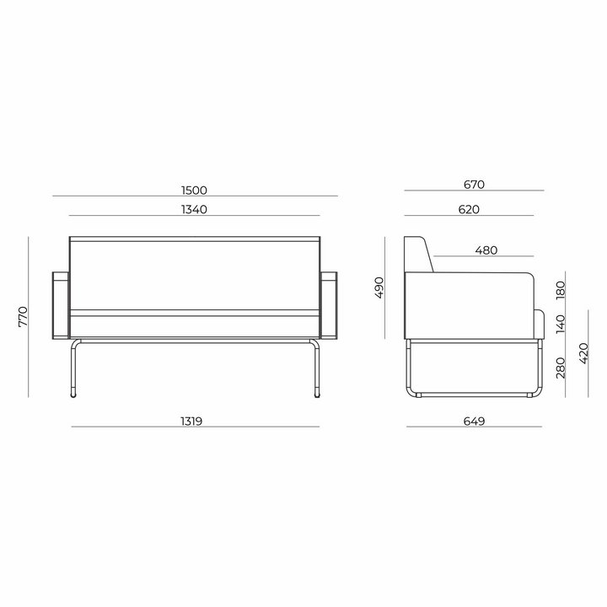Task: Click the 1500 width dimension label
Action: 194,191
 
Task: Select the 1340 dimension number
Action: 194,209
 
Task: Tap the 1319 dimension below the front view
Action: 191,422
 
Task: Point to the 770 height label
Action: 24,316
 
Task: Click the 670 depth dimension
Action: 474,185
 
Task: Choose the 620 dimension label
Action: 469,209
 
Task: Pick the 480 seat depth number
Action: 486,250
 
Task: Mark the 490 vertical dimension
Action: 379,287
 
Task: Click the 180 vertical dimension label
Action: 560,290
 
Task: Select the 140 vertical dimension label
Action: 560,324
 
